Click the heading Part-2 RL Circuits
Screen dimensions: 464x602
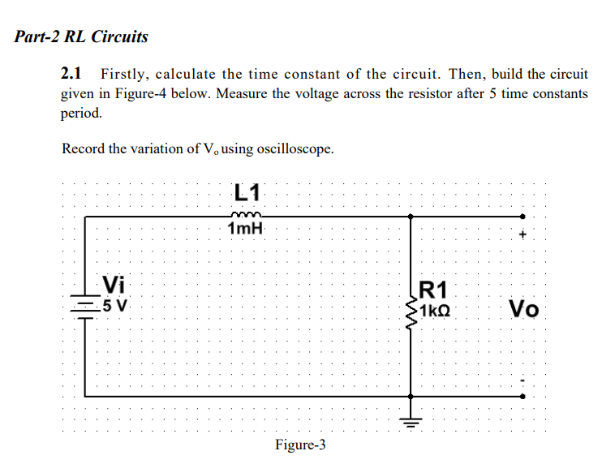tap(82, 37)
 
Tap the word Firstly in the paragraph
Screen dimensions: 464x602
tap(126, 74)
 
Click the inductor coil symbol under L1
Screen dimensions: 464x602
tap(243, 215)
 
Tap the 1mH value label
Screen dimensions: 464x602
tap(246, 230)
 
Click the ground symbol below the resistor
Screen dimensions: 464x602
tap(411, 419)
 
